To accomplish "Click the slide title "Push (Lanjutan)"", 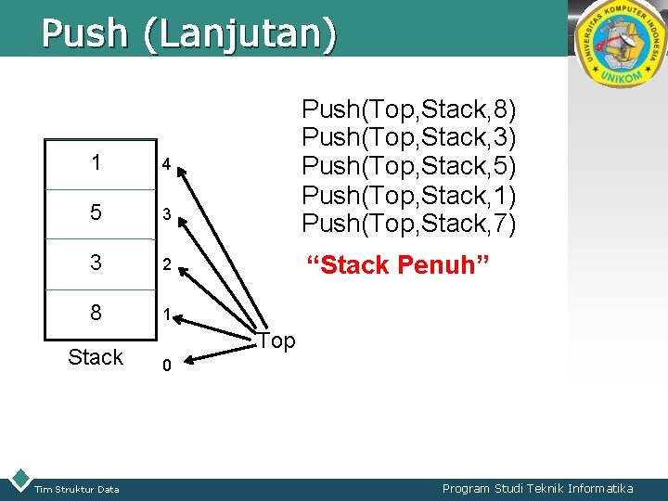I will pos(188,32).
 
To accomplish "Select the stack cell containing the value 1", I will pos(97,162).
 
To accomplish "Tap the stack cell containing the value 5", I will pos(97,212).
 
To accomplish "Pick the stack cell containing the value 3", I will pos(97,263).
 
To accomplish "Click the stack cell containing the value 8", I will pos(97,313).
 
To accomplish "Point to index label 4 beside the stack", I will pos(165,165).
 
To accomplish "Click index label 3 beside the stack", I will pos(165,215).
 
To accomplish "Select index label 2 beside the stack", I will pos(165,265).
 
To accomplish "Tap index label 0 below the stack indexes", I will pos(165,366).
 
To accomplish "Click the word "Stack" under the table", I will pos(96,357).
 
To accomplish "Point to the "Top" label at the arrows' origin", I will pos(276,341).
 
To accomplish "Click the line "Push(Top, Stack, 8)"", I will pos(409,109).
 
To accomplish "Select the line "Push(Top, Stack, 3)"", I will pos(409,138).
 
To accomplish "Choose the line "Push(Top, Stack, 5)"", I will pos(409,167).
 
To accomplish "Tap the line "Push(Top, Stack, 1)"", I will pos(409,196).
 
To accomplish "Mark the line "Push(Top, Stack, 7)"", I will pos(409,224).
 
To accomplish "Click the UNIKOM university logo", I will pos(621,44).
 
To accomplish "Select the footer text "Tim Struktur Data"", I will pos(77,490).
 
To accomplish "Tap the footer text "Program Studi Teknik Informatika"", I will pos(537,489).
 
